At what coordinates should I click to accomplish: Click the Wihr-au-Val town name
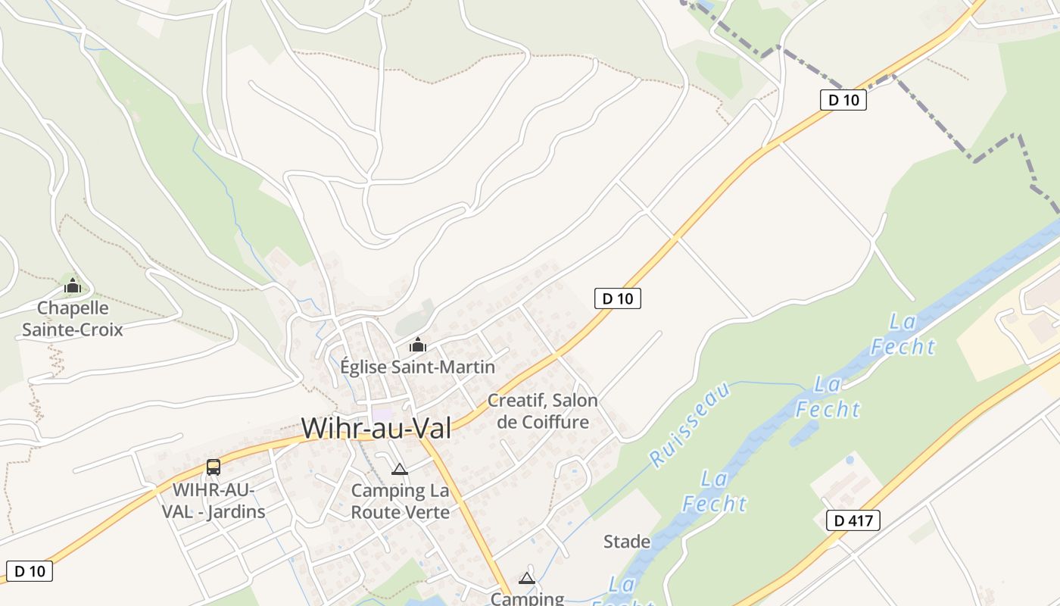[376, 428]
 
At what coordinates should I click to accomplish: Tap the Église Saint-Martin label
[417, 367]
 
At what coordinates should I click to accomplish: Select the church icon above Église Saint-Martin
[417, 345]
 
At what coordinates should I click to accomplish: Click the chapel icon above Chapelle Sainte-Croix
[72, 286]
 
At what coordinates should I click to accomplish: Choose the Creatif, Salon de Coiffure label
[542, 411]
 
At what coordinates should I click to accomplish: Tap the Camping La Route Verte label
[400, 501]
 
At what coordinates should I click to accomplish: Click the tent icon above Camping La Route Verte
[400, 469]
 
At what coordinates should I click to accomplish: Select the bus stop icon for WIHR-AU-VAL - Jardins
[214, 467]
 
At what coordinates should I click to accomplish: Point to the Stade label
[627, 542]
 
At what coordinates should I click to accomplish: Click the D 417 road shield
[853, 520]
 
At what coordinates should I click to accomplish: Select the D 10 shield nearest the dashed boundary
[843, 99]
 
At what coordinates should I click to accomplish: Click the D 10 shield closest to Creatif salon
[617, 298]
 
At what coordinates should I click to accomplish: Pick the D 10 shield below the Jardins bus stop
[30, 571]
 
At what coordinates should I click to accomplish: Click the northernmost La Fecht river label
[903, 334]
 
